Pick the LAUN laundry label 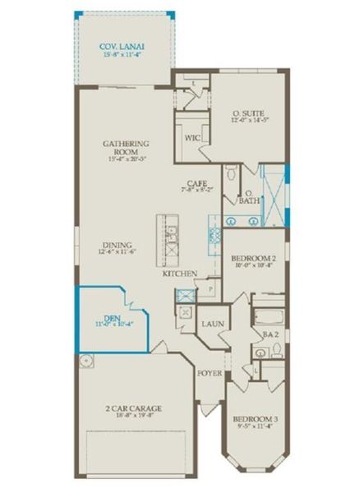(x=214, y=325)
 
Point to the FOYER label (x=210, y=374)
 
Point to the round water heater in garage (x=86, y=359)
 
